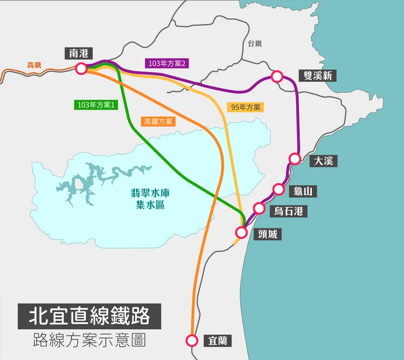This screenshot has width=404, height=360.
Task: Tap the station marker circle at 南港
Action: pos(81,69)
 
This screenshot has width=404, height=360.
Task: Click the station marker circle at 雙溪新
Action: pos(277,77)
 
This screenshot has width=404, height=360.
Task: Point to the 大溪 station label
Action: pos(324,161)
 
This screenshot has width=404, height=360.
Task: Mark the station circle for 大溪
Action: pos(295,159)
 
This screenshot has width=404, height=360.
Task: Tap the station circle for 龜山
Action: pos(279,189)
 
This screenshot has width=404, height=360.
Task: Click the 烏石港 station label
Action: pos(289,211)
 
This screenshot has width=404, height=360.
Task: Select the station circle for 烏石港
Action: pos(259,208)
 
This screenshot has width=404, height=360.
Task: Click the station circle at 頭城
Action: pos(241,232)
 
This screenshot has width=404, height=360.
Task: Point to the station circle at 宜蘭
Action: pos(192,340)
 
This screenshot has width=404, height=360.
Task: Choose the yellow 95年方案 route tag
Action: pos(246,107)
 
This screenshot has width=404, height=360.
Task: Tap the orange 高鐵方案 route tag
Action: pos(158,122)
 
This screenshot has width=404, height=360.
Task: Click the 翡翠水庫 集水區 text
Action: pos(150,199)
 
